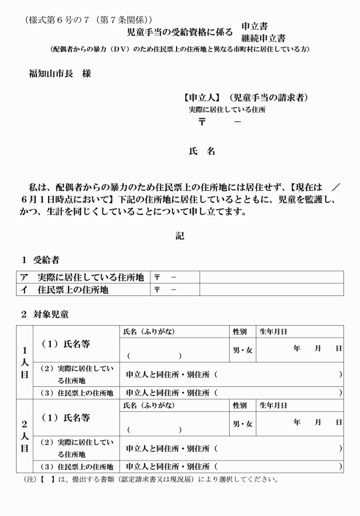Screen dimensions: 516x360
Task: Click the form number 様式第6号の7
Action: [56, 20]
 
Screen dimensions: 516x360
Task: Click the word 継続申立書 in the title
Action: [263, 38]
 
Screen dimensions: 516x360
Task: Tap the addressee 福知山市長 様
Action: [60, 74]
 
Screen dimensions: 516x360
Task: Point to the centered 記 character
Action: [180, 235]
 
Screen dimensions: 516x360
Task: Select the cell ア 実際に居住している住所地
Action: [83, 277]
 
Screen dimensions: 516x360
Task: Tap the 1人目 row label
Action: [25, 362]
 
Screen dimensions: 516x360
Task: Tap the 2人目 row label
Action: [25, 435]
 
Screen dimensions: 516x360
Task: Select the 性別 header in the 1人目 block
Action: [239, 331]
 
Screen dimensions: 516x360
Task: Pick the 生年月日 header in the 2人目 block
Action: [273, 405]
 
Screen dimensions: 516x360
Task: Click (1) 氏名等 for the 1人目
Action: [67, 344]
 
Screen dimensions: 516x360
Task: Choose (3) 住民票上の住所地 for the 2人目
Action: [77, 466]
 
